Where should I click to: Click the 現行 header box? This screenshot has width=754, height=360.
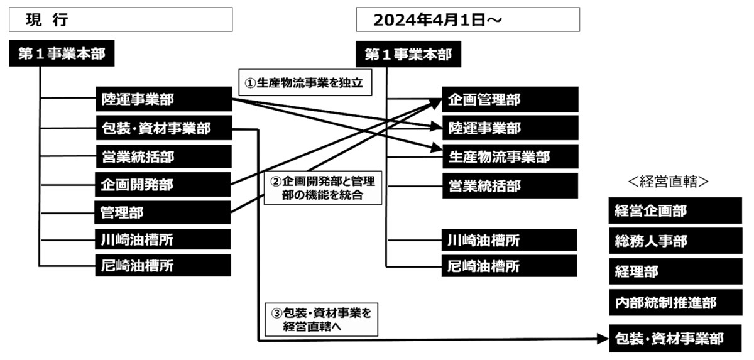click(x=121, y=19)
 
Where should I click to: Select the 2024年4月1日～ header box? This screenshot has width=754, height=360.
click(x=468, y=19)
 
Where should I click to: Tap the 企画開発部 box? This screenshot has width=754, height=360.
click(x=163, y=184)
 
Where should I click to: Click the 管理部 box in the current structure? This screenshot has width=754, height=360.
click(x=163, y=212)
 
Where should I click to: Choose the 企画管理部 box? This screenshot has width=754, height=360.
click(x=510, y=99)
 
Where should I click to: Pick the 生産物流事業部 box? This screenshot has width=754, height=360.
click(x=510, y=157)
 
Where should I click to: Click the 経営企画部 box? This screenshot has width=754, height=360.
click(x=675, y=210)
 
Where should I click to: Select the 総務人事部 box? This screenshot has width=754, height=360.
click(x=675, y=241)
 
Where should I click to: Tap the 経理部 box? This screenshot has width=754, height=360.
click(x=675, y=271)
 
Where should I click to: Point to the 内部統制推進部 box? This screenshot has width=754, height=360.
click(x=675, y=302)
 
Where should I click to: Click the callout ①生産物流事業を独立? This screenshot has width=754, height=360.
click(x=305, y=82)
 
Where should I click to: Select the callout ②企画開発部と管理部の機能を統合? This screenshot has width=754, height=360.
click(x=323, y=188)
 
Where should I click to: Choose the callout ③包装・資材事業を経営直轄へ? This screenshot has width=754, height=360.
click(x=322, y=320)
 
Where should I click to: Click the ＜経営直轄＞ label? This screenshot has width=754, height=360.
click(x=668, y=182)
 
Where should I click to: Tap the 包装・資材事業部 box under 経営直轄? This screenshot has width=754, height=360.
click(x=675, y=339)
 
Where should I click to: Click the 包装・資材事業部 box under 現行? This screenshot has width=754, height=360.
click(x=164, y=128)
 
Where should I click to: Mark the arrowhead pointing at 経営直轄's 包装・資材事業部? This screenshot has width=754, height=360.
click(x=603, y=339)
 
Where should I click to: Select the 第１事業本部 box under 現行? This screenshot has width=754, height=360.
click(x=62, y=53)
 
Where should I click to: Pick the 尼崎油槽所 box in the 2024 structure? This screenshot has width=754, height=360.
click(x=510, y=266)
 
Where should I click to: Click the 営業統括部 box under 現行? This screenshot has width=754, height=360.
click(x=164, y=156)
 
